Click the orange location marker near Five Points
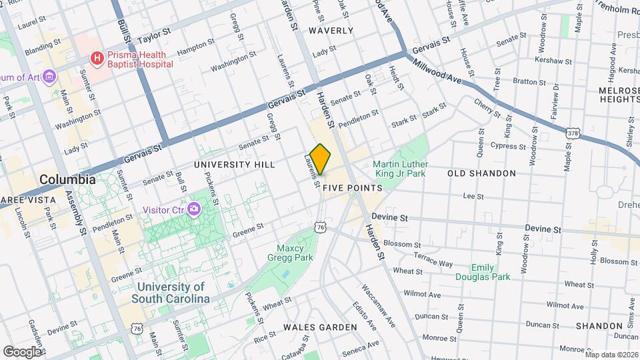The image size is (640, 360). tap(321, 159)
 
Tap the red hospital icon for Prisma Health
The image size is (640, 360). tap(98, 59)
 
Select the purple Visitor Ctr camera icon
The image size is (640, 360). tap(193, 209)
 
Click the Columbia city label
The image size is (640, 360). tap(67, 179)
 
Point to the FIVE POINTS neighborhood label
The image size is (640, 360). tap(352, 189)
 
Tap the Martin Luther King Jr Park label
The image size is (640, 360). tap(400, 169)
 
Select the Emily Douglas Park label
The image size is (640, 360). tap(483, 272)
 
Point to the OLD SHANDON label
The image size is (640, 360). tap(481, 173)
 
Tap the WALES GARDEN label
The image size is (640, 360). tap(320, 327)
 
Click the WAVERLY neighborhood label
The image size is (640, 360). tap(331, 31)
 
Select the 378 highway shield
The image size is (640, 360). tap(572, 133)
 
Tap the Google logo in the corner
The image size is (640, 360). tap(21, 351)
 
